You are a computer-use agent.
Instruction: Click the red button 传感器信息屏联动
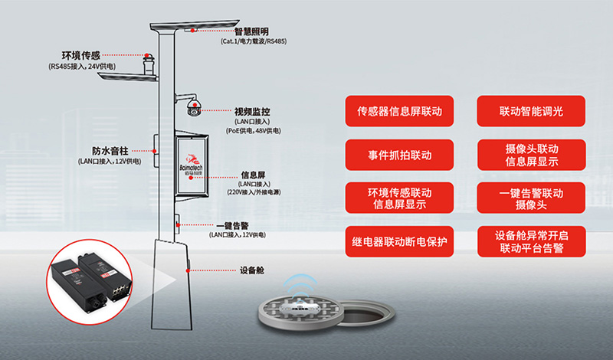pyautogui.click(x=399, y=111)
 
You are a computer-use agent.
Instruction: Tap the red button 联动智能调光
pyautogui.click(x=531, y=111)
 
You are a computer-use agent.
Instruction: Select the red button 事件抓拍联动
pyautogui.click(x=399, y=155)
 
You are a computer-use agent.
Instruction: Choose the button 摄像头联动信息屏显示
pyautogui.click(x=531, y=155)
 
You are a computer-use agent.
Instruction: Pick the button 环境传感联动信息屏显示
pyautogui.click(x=399, y=198)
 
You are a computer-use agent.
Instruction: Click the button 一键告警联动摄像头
pyautogui.click(x=531, y=198)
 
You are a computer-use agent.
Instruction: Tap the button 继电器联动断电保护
pyautogui.click(x=399, y=241)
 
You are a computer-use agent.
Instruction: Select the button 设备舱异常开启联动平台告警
pyautogui.click(x=531, y=241)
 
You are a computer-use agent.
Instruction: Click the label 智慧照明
pyautogui.click(x=251, y=31)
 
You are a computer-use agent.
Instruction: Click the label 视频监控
pyautogui.click(x=253, y=112)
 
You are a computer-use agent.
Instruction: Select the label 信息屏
pyautogui.click(x=254, y=174)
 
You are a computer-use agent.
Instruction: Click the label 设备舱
pyautogui.click(x=252, y=270)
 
